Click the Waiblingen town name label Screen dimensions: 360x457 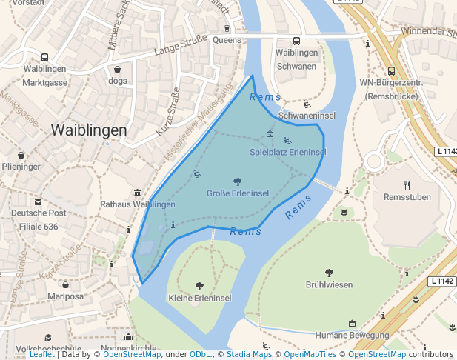pyautogui.click(x=88, y=130)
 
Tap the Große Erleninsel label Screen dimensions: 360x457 pyautogui.click(x=237, y=193)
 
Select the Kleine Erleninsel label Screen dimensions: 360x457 pyautogui.click(x=199, y=298)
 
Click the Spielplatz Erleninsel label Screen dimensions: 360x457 pyautogui.click(x=287, y=152)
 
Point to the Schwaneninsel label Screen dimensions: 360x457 pyautogui.click(x=307, y=116)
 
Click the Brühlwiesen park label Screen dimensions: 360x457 pyautogui.click(x=329, y=284)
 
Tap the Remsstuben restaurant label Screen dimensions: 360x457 pyautogui.click(x=407, y=197)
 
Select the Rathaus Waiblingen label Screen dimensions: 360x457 pyautogui.click(x=138, y=204)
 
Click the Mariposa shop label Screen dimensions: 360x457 pyautogui.click(x=65, y=296)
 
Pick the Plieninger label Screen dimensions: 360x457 pyautogui.click(x=21, y=167)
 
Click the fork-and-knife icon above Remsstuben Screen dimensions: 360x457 pyautogui.click(x=407, y=185)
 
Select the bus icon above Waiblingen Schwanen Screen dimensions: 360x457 pyautogui.click(x=296, y=41)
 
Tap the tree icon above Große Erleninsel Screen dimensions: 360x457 pyautogui.click(x=237, y=181)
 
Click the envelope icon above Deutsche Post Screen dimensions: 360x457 pyautogui.click(x=38, y=201)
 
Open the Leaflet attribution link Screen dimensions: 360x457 pyautogui.click(x=41, y=354)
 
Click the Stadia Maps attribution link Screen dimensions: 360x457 pyautogui.click(x=248, y=354)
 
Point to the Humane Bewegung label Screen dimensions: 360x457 pyautogui.click(x=351, y=335)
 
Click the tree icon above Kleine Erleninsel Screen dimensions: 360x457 pyautogui.click(x=199, y=286)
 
